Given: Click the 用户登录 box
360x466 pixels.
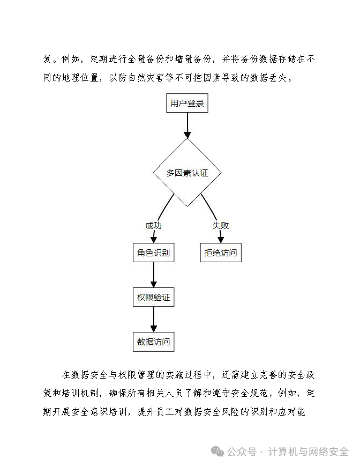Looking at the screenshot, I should pos(187,103).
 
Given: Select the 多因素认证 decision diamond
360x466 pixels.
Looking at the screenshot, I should pos(187,173).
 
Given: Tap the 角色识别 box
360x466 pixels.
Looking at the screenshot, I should pos(153,253).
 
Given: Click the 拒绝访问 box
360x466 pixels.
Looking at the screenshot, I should pos(220,253).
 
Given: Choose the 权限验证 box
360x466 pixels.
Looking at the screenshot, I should pos(153,297).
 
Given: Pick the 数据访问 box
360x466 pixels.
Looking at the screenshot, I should pos(153,342).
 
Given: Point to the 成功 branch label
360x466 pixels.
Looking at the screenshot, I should pos(153,225).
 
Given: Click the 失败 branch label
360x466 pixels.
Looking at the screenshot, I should pos(220,225).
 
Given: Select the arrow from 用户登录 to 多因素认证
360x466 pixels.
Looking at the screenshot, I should pos(187,125).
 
